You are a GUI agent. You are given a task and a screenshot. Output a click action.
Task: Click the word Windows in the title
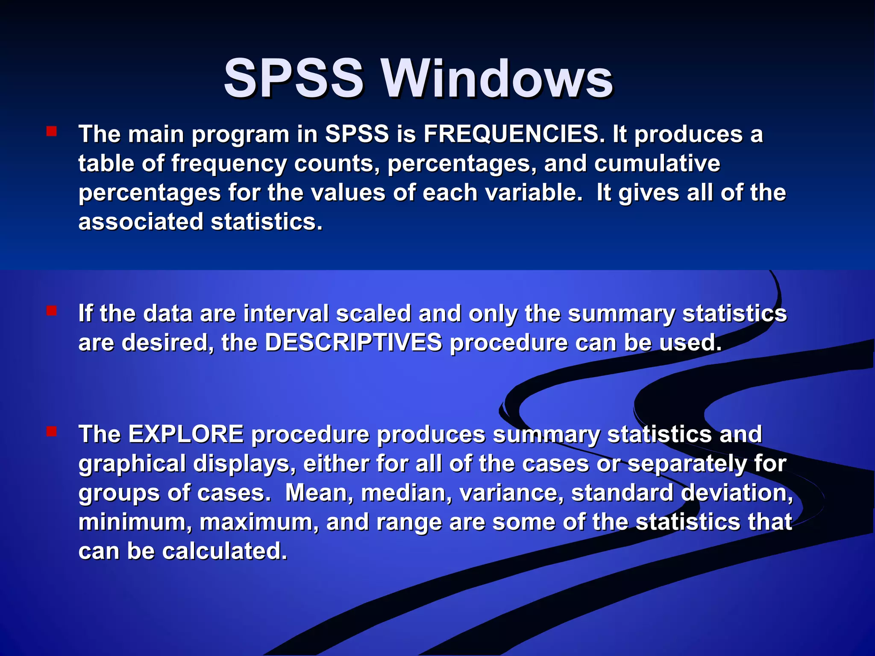point(497,79)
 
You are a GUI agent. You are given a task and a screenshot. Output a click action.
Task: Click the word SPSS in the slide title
point(294,79)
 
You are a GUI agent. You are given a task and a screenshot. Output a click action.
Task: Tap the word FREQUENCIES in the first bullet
point(514,134)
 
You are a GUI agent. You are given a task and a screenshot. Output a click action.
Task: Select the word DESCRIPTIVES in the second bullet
point(354,343)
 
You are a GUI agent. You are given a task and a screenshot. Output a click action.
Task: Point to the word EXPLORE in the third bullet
point(186,434)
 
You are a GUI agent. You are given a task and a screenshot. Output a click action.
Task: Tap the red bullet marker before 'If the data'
point(52,310)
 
